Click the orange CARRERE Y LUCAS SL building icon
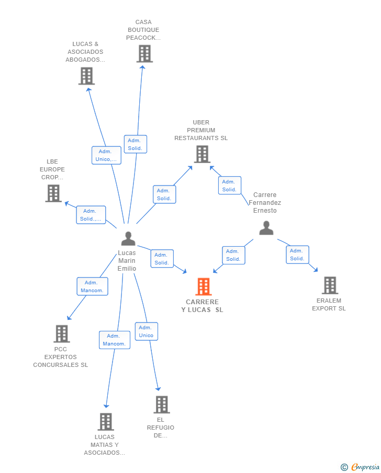[x=204, y=286]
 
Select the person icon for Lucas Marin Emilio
[x=128, y=239]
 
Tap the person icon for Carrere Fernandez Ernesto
[x=266, y=228]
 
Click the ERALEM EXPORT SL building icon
[x=330, y=285]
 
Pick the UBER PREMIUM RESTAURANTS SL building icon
[x=202, y=154]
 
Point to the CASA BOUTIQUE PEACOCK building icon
[x=144, y=54]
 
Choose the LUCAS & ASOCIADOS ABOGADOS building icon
[x=87, y=76]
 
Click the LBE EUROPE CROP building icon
[x=53, y=193]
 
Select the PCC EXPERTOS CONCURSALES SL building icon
[x=62, y=333]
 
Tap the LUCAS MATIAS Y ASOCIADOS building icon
[x=106, y=421]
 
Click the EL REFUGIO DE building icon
[x=162, y=404]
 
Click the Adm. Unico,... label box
[x=106, y=155]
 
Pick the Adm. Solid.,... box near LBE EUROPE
[x=91, y=215]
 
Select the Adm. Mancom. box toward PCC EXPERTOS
[x=93, y=286]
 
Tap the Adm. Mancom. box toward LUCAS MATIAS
[x=115, y=340]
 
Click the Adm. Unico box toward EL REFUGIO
[x=146, y=331]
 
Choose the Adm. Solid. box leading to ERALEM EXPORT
[x=297, y=255]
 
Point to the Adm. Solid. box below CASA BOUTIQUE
[x=136, y=144]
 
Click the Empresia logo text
[x=366, y=467]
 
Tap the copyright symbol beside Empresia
[x=344, y=467]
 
